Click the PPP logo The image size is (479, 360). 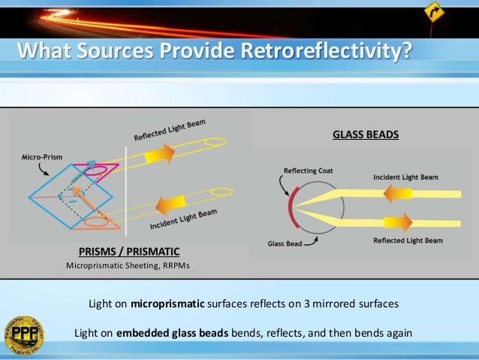tap(23, 334)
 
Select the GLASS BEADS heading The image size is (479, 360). tap(366, 136)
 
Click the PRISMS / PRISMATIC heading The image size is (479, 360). tap(129, 251)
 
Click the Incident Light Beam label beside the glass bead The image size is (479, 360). tap(405, 177)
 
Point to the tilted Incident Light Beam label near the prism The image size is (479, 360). tap(184, 220)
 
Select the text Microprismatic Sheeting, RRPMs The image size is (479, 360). tap(128, 266)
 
